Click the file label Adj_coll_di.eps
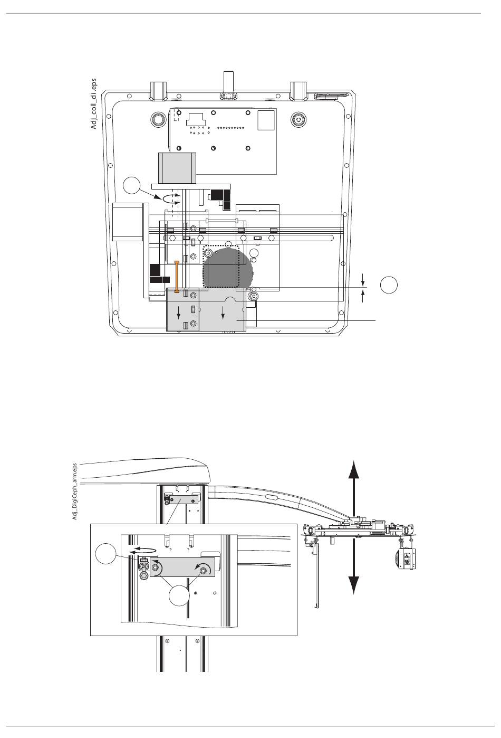(94, 103)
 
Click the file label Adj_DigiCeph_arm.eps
(74, 491)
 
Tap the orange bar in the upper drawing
(177, 277)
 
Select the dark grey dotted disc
(227, 268)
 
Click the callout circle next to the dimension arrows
(389, 285)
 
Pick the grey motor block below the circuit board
(177, 168)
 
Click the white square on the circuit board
(266, 120)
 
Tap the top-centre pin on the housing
(227, 84)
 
